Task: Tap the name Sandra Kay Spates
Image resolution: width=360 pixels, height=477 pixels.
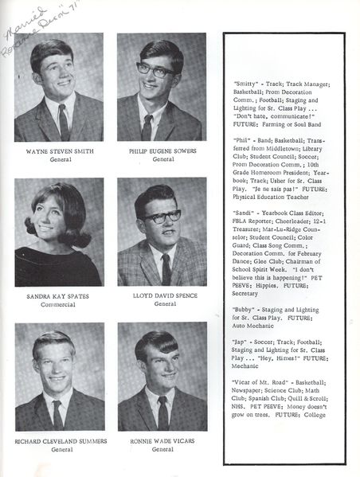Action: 57,295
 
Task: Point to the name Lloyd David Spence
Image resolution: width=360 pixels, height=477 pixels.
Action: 162,295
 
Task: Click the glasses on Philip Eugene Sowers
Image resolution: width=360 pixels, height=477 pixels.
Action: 157,70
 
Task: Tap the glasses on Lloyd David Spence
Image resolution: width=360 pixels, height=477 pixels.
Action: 161,217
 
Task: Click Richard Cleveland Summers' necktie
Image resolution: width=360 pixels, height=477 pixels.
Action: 57,413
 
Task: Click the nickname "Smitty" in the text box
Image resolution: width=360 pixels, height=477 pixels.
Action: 244,84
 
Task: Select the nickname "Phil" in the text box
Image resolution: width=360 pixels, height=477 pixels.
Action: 241,139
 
